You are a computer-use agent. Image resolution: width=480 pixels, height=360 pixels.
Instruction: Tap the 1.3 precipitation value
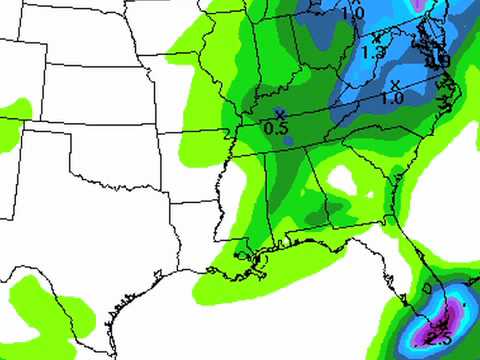(374, 51)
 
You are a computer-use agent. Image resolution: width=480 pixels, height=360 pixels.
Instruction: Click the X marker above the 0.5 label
(280, 113)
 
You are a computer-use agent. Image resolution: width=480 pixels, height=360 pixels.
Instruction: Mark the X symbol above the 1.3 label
(376, 38)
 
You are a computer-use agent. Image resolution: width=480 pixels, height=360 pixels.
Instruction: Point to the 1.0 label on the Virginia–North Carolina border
(392, 99)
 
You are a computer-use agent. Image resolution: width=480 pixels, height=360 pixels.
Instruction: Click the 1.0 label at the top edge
(352, 14)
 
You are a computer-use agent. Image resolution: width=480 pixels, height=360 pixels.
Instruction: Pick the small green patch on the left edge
(12, 106)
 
